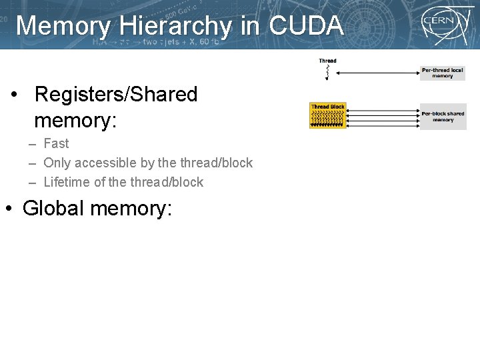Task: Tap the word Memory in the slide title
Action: coord(64,26)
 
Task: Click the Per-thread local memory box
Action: coord(443,73)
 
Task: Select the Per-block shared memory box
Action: coord(443,117)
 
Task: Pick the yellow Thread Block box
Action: coord(328,115)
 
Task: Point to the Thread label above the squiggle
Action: coord(327,61)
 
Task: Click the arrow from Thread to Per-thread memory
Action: coord(377,73)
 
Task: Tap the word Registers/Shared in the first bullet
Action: coord(116,95)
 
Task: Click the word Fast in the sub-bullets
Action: coord(56,143)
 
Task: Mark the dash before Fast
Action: coord(32,144)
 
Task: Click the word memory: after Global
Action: coord(131,208)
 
